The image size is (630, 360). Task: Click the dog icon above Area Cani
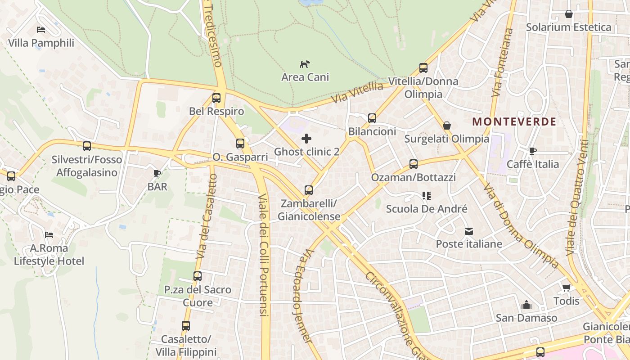click(x=305, y=64)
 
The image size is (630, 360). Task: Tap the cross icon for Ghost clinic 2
click(x=306, y=138)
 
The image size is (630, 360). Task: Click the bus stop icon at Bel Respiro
click(x=216, y=98)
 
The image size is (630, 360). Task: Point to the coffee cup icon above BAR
click(x=157, y=173)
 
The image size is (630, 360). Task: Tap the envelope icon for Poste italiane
click(x=469, y=231)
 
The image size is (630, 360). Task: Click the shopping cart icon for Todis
click(x=566, y=288)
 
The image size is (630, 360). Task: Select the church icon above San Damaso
click(x=526, y=305)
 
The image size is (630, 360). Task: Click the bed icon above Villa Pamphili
click(x=41, y=30)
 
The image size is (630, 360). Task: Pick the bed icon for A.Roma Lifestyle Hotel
click(x=49, y=235)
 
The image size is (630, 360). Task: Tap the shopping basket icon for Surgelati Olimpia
click(x=447, y=126)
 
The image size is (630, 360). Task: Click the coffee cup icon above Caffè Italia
click(x=533, y=151)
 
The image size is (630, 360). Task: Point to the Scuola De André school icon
click(x=427, y=196)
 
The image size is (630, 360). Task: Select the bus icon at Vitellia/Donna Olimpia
click(x=423, y=68)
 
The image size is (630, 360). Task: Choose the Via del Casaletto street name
click(x=207, y=216)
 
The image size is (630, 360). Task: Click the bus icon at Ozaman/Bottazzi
click(x=414, y=164)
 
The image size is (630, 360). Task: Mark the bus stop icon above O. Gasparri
click(x=240, y=144)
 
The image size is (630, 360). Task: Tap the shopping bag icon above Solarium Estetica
click(x=569, y=14)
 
